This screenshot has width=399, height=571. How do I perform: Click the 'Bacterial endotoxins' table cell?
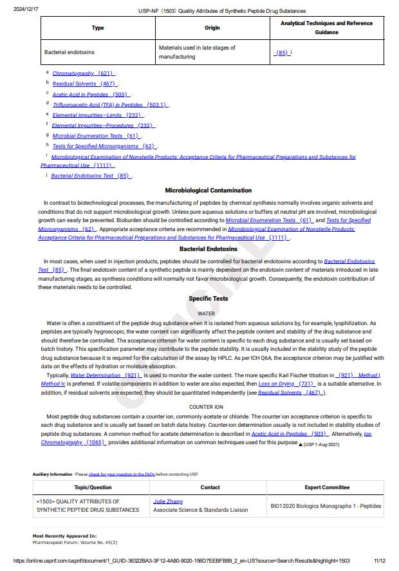click(x=69, y=52)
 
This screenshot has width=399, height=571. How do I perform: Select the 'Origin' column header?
click(x=212, y=28)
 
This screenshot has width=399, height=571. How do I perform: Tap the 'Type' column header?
click(x=98, y=28)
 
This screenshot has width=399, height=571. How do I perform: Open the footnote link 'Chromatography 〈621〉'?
click(x=83, y=73)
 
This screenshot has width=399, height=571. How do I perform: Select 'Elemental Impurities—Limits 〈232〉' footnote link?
click(x=97, y=115)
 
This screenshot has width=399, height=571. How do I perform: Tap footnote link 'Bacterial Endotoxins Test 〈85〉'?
click(x=91, y=176)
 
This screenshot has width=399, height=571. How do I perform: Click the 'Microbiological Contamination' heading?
click(x=208, y=191)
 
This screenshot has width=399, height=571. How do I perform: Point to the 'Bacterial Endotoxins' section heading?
click(x=208, y=248)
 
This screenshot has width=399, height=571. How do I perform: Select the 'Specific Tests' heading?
click(x=208, y=299)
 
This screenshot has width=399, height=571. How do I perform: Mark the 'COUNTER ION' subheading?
click(x=206, y=407)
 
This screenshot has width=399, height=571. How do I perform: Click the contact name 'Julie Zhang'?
click(x=168, y=501)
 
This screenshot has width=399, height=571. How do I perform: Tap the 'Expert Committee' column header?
click(x=327, y=487)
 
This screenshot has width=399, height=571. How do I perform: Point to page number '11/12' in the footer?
click(x=379, y=561)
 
